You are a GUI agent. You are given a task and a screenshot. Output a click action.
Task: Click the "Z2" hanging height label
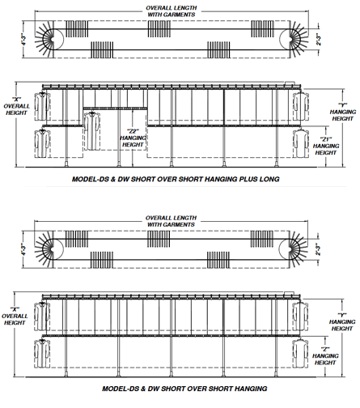tap(133, 138)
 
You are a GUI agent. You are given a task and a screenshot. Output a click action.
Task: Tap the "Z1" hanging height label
tap(326, 146)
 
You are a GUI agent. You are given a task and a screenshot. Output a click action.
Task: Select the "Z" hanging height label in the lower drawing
tap(325, 356)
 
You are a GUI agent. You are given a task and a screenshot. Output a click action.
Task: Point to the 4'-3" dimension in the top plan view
tap(24, 40)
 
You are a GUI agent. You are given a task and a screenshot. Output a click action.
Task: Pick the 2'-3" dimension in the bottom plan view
tap(319, 249)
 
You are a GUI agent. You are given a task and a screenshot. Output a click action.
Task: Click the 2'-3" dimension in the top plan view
tap(319, 40)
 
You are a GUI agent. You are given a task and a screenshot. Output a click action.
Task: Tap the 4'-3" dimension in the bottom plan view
tap(23, 249)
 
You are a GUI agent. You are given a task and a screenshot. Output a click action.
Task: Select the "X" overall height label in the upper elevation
tap(16, 106)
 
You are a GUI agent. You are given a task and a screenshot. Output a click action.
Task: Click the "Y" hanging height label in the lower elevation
tap(342, 321)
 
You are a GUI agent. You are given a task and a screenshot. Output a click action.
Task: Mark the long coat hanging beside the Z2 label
tap(92, 131)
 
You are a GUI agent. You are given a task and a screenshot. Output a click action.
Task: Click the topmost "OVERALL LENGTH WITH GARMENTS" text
tap(172, 11)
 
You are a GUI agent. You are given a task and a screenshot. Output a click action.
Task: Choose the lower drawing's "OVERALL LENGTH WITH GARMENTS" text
tap(171, 221)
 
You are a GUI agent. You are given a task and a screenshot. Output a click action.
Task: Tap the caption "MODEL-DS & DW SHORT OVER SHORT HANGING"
tap(184, 389)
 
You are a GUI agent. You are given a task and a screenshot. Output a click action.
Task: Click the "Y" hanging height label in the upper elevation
tap(343, 112)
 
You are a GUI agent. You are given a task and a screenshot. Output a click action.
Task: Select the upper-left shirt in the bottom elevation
tap(42, 316)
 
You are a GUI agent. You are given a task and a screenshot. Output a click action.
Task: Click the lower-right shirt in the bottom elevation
tap(301, 353)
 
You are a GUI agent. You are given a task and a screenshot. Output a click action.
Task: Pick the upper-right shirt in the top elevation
tap(301, 106)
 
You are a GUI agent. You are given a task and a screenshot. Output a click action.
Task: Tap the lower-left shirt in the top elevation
tap(42, 143)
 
